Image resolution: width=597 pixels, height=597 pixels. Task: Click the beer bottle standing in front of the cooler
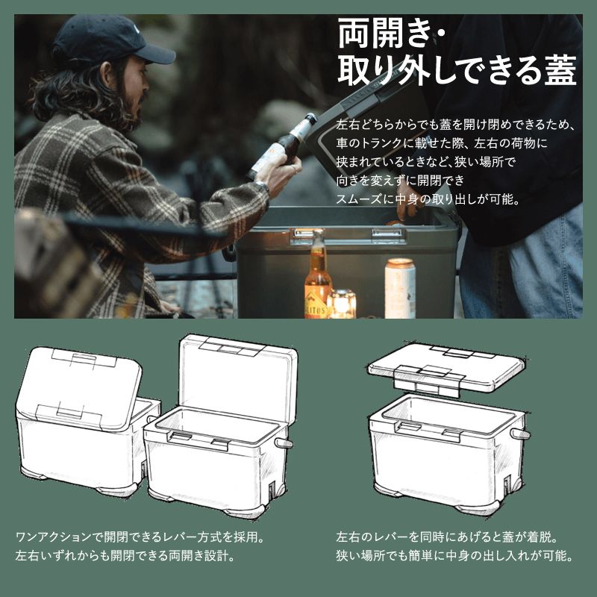coord(317,276)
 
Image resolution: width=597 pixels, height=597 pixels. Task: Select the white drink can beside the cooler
coord(400,287)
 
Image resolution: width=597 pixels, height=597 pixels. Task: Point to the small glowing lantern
coord(343,303)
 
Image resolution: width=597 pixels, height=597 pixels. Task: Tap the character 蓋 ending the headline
coord(557,72)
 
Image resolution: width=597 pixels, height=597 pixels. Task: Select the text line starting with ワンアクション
coord(141,537)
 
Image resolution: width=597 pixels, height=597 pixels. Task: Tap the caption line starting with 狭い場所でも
coord(454,556)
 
